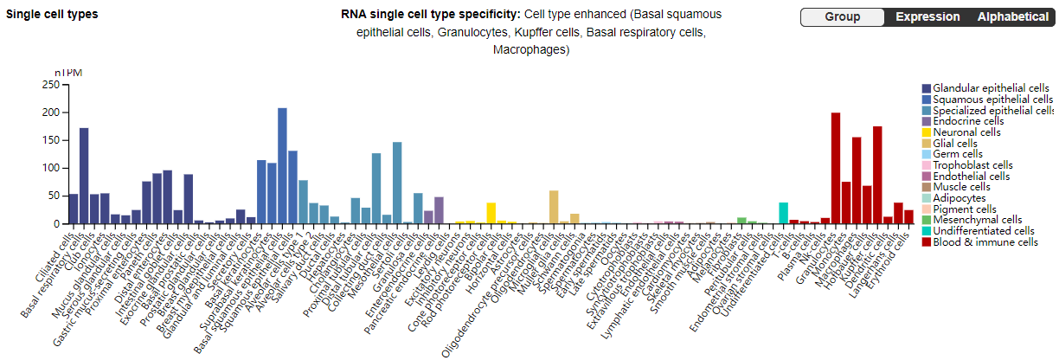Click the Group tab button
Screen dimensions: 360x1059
(842, 17)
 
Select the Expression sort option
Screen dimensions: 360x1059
(927, 17)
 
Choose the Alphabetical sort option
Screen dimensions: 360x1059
(1012, 17)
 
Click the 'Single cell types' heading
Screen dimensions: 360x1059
(52, 15)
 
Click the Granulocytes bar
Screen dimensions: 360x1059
(836, 168)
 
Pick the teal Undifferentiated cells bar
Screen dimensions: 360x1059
(783, 213)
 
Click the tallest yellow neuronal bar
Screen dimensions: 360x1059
(491, 213)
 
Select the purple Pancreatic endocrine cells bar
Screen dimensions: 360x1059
(439, 210)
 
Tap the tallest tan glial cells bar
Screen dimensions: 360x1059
(554, 207)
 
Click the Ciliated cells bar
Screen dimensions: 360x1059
(74, 209)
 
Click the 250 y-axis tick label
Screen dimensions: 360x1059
(50, 85)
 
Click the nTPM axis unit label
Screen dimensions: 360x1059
(68, 73)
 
